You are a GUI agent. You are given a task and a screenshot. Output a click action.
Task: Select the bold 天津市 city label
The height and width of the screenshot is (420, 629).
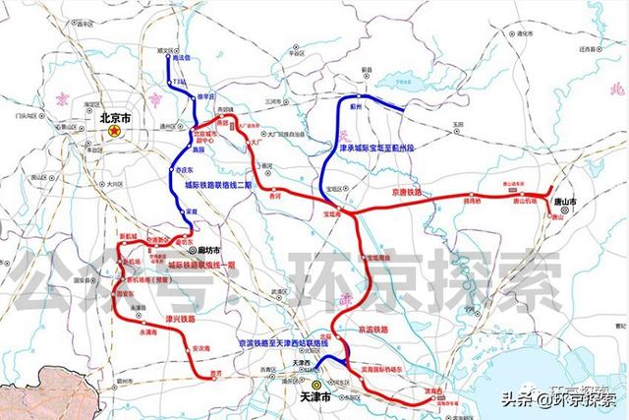click(313, 396)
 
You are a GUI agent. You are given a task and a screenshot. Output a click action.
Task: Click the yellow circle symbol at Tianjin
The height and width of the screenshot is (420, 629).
click(316, 385)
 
